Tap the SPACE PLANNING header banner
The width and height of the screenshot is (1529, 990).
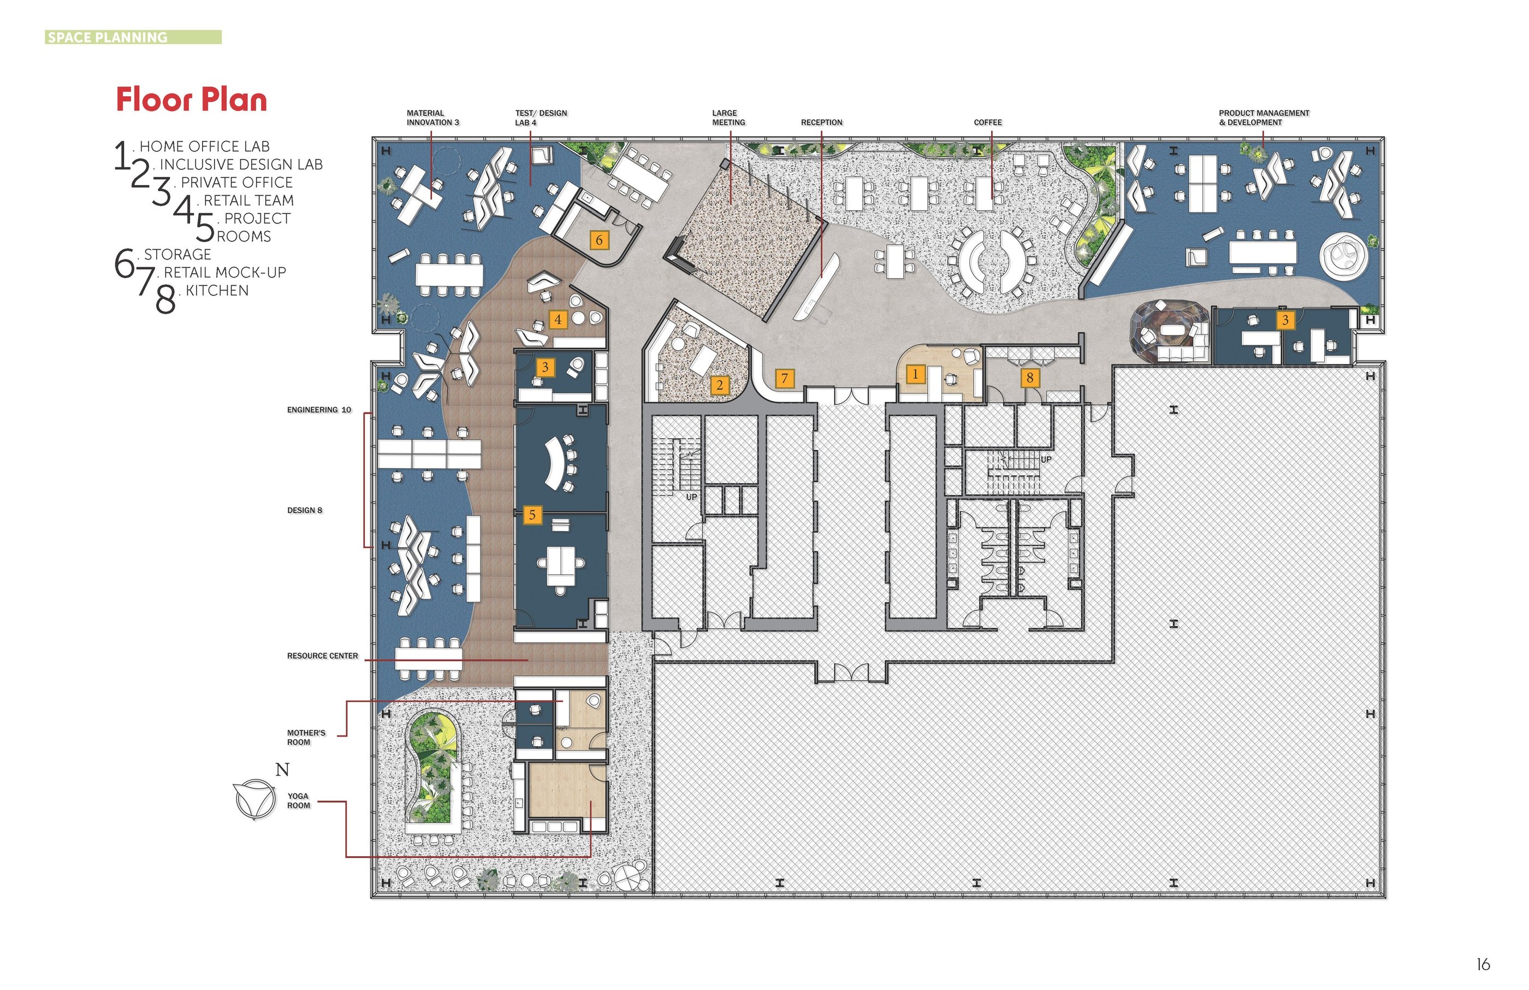coord(134,37)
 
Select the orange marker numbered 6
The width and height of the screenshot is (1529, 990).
coord(598,240)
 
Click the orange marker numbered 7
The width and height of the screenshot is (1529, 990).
coord(784,379)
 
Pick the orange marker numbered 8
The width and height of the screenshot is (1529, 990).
coord(1030,378)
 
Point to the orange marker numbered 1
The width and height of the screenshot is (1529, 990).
coord(915,374)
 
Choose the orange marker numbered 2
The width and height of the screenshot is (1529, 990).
coord(720,385)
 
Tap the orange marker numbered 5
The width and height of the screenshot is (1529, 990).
coord(532,515)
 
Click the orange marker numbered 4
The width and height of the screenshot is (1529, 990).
coord(558,319)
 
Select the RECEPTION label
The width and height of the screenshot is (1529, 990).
coord(822,122)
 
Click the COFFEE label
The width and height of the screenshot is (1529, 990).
coord(987,122)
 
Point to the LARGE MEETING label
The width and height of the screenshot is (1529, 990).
coord(728,117)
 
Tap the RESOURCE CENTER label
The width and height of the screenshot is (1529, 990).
coord(323,656)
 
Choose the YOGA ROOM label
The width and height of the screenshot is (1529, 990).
coord(298,801)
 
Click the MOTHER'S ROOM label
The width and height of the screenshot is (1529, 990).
coord(306,738)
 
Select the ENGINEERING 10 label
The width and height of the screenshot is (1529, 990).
coord(319,410)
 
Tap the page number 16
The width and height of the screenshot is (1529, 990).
coord(1483,964)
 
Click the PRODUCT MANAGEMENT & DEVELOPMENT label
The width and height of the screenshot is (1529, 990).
coord(1264,117)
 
